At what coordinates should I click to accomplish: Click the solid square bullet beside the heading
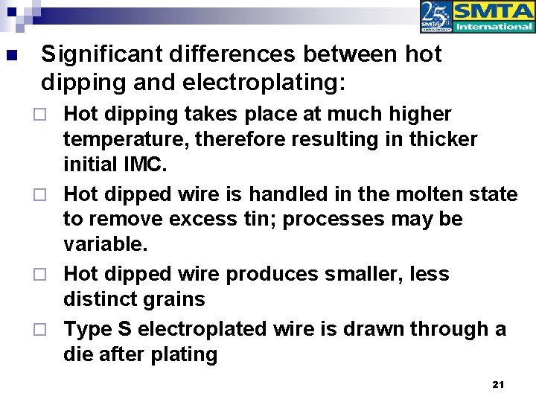tap(10, 55)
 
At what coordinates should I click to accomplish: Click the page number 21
tap(499, 384)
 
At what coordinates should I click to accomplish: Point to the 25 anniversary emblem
tap(435, 17)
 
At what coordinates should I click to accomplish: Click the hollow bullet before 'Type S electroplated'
tap(49, 328)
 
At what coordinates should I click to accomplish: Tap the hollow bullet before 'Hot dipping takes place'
tap(49, 115)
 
